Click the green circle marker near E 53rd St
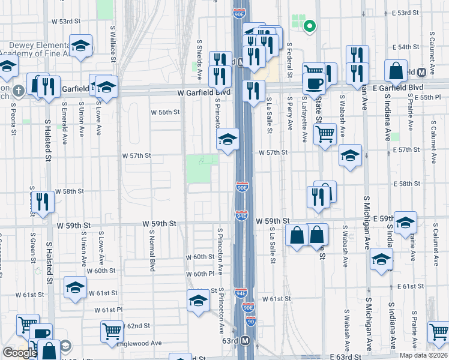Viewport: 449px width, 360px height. (310, 26)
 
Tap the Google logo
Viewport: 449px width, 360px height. (19, 353)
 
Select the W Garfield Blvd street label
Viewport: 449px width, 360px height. (204, 93)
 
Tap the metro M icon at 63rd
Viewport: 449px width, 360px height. (246, 341)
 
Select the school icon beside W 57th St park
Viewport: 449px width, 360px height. (226, 140)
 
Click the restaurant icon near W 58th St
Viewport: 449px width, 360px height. (41, 201)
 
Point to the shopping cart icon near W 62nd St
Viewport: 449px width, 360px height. (112, 331)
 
